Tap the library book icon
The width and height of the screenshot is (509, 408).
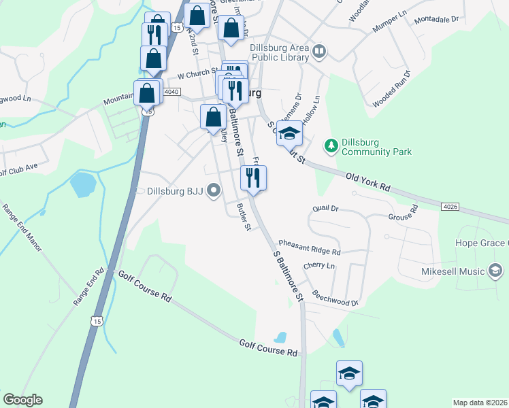318,50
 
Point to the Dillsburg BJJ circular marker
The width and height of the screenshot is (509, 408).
214,191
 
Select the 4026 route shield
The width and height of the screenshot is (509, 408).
449,205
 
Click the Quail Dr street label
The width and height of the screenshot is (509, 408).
324,208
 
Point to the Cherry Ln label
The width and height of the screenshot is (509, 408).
320,265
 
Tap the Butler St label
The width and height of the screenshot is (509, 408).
243,216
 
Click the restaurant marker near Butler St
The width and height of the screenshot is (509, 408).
253,179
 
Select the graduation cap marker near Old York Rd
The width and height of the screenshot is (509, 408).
289,134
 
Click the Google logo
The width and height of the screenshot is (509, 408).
22,400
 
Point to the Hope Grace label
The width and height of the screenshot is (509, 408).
482,243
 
